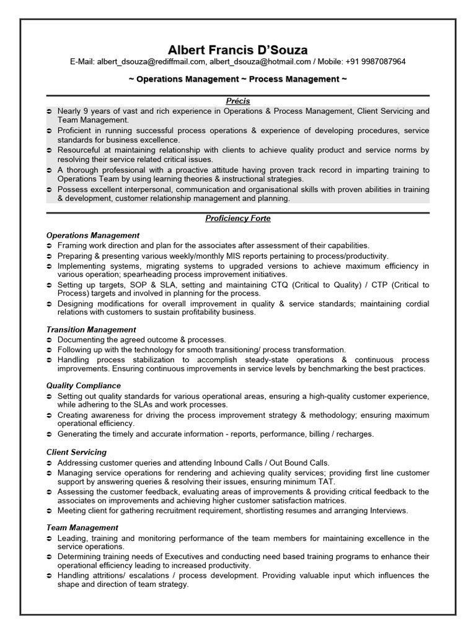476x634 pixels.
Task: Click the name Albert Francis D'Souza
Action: (x=238, y=50)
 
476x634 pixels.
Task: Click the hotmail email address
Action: (x=260, y=62)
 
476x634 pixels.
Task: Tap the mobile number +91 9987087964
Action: (x=375, y=62)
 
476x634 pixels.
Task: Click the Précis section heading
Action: (x=238, y=101)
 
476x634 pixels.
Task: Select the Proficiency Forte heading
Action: (x=238, y=219)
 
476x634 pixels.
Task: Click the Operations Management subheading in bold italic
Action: (x=93, y=235)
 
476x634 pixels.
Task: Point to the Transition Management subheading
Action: (x=91, y=330)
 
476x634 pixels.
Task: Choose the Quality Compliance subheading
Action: (x=83, y=386)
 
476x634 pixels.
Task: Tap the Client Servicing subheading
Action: (x=76, y=453)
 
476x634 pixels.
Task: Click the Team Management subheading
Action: (x=82, y=528)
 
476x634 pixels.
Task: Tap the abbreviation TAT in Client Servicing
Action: (x=327, y=481)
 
